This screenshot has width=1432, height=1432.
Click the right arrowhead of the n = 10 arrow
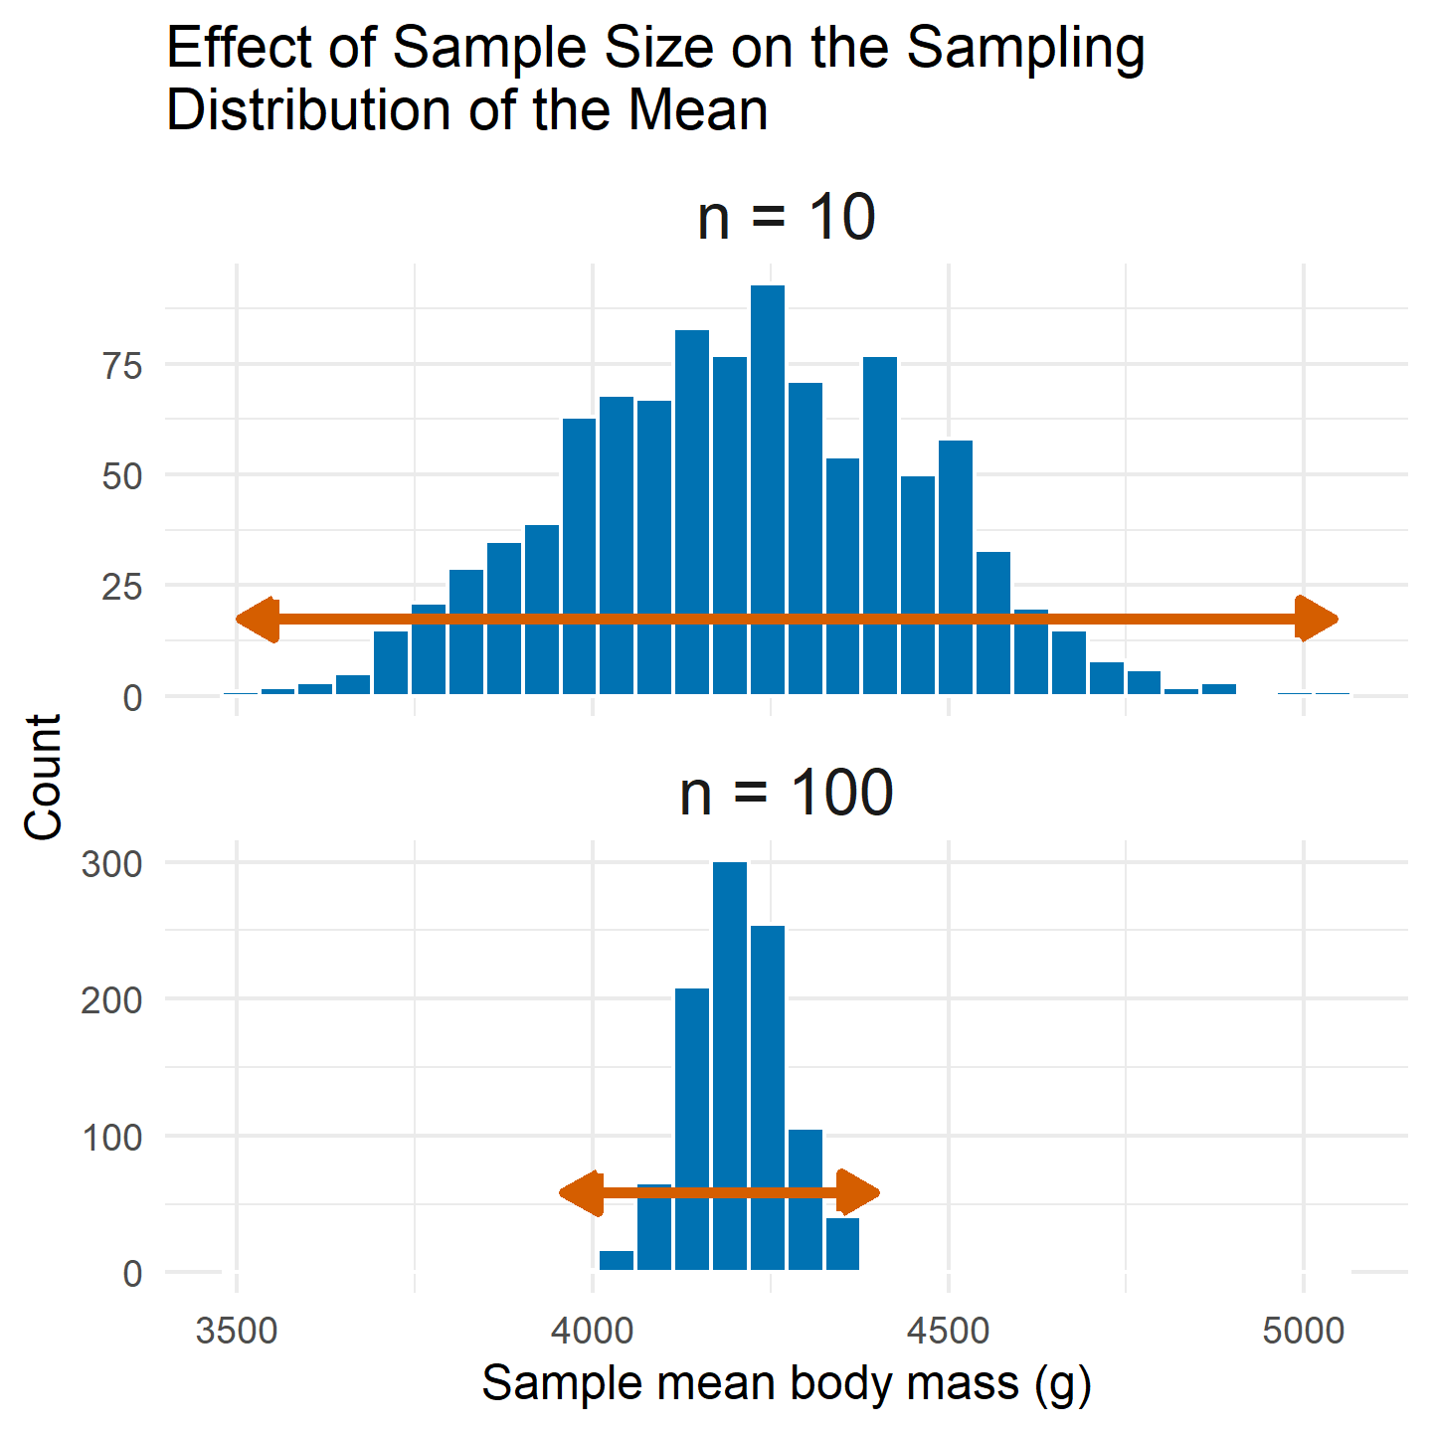point(1317,620)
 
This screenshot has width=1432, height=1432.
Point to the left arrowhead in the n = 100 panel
point(583,1193)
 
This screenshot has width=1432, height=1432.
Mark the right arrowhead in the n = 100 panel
point(858,1193)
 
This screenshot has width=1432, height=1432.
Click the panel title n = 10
point(786,218)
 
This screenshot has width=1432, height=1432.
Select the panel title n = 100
point(786,794)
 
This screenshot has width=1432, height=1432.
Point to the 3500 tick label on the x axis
point(237,1331)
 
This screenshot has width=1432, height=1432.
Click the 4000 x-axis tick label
point(593,1331)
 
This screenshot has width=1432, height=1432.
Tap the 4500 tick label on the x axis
point(949,1331)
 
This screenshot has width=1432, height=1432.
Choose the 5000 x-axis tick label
point(1304,1331)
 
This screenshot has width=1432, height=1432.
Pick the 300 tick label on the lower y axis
point(112,863)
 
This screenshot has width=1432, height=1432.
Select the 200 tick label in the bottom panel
point(112,999)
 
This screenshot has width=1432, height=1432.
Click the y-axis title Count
point(44,778)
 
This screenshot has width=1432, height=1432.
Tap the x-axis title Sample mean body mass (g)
point(786,1383)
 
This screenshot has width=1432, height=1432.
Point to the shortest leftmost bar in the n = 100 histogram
point(617,1261)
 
